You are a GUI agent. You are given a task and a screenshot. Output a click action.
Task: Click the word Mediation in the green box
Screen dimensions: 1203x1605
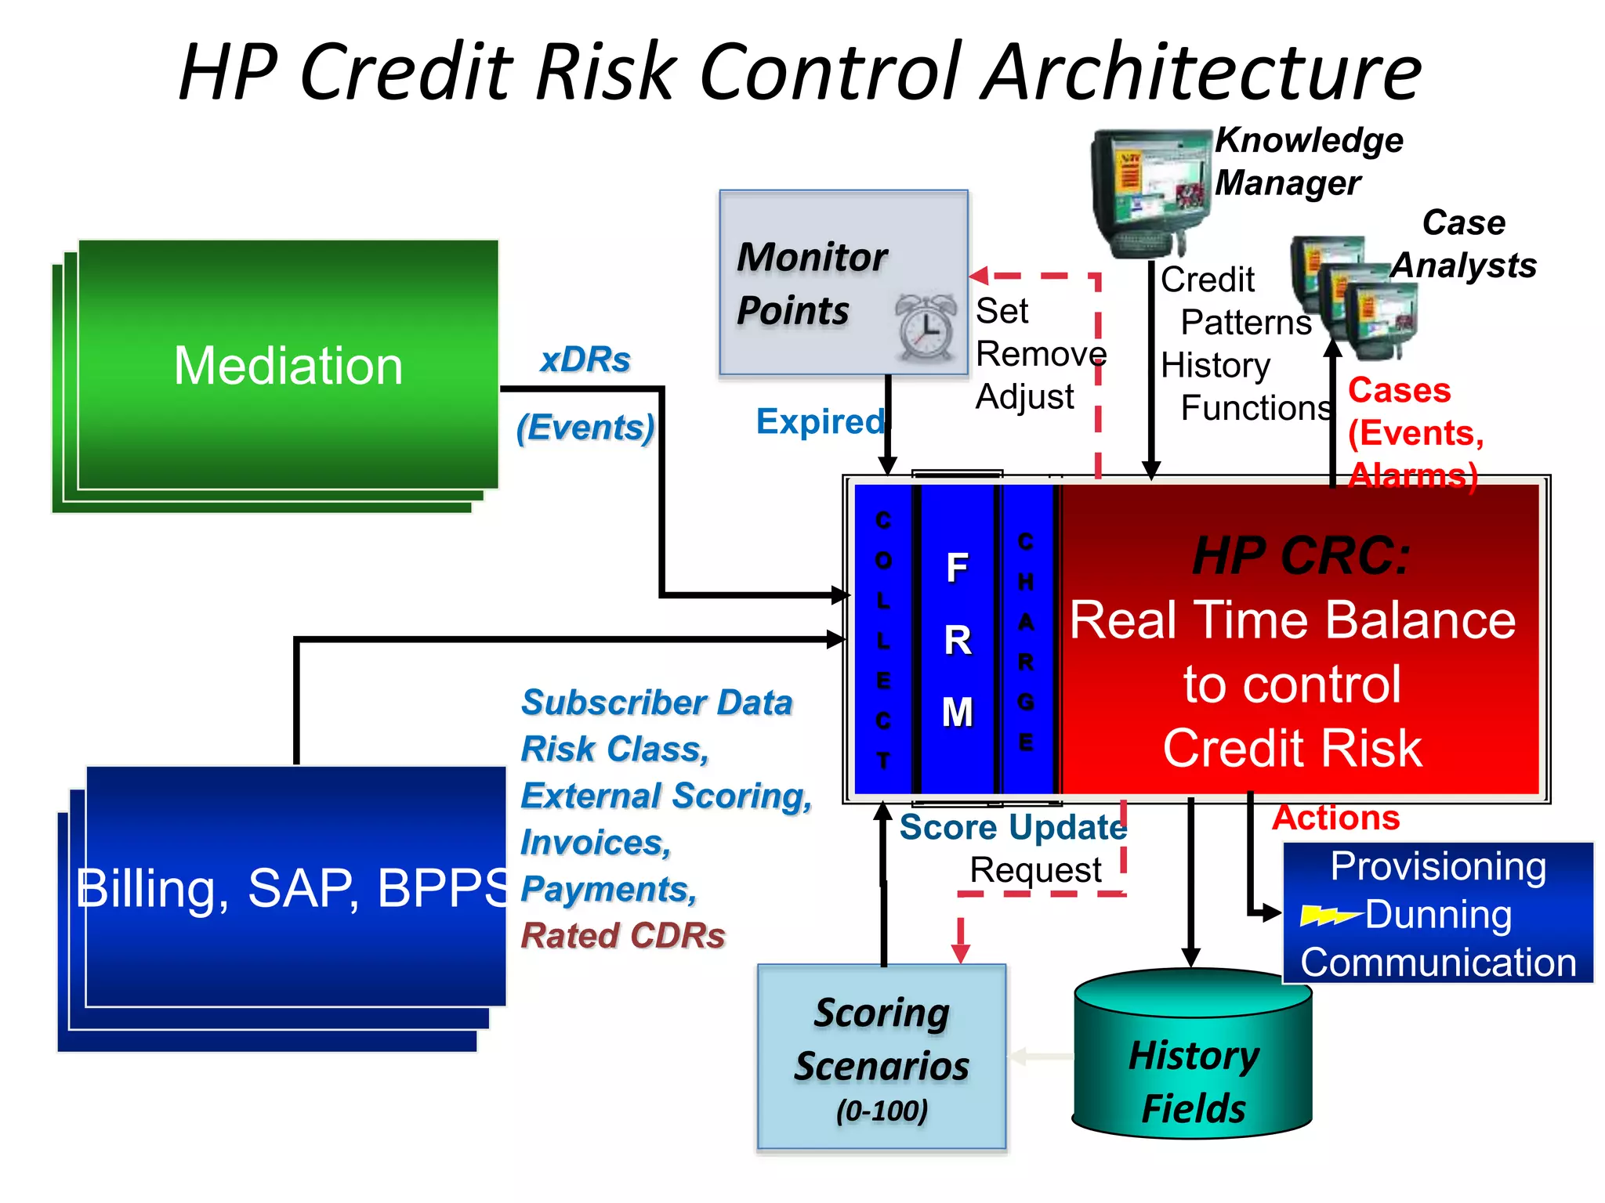(288, 366)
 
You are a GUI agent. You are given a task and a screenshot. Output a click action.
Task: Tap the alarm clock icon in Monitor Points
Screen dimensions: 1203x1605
(926, 327)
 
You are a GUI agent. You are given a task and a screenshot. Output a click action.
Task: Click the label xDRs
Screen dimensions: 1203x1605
(585, 360)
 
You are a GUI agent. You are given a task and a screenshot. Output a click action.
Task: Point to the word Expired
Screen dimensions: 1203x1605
(820, 422)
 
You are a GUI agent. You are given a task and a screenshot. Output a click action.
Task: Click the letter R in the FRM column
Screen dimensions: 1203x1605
(958, 641)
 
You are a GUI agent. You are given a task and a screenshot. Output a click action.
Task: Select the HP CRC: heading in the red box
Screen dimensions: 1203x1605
(1301, 556)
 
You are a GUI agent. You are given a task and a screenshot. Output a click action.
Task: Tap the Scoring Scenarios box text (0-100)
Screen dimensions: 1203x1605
(882, 1111)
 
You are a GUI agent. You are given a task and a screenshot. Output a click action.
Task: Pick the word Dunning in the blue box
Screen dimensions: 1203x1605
(1438, 915)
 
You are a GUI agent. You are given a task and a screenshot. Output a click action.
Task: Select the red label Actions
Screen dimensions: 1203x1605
(1335, 818)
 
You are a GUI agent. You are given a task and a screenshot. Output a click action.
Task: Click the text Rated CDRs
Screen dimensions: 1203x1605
(623, 936)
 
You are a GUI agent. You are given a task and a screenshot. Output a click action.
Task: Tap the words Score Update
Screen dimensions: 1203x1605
(1013, 828)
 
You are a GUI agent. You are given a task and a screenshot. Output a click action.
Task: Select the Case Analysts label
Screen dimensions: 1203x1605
(1463, 244)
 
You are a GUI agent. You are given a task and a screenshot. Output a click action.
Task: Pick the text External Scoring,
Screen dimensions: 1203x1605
(666, 797)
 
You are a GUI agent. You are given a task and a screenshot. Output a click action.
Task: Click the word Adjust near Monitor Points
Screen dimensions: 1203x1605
(1024, 397)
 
